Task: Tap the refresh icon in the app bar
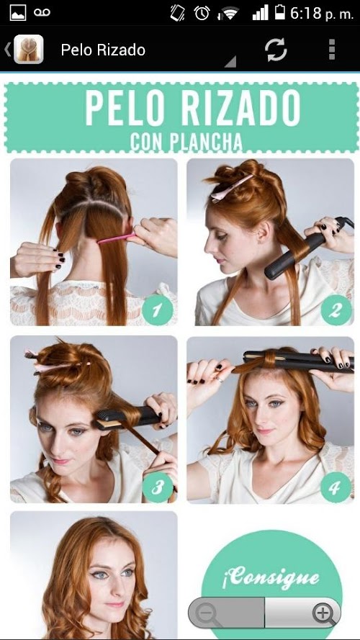[276, 50]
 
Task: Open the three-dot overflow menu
[332, 50]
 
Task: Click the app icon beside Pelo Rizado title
[29, 50]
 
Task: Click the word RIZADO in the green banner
[240, 108]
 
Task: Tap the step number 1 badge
[158, 310]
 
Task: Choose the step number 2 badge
[336, 310]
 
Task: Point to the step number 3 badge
[158, 487]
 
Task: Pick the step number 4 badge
[336, 487]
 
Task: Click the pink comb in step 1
[117, 238]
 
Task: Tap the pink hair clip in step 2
[231, 188]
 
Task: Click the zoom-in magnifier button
[323, 613]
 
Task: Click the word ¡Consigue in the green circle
[271, 577]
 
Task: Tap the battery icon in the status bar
[280, 13]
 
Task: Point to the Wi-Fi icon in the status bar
[228, 14]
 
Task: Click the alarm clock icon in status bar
[202, 13]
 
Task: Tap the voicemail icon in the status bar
[42, 13]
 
